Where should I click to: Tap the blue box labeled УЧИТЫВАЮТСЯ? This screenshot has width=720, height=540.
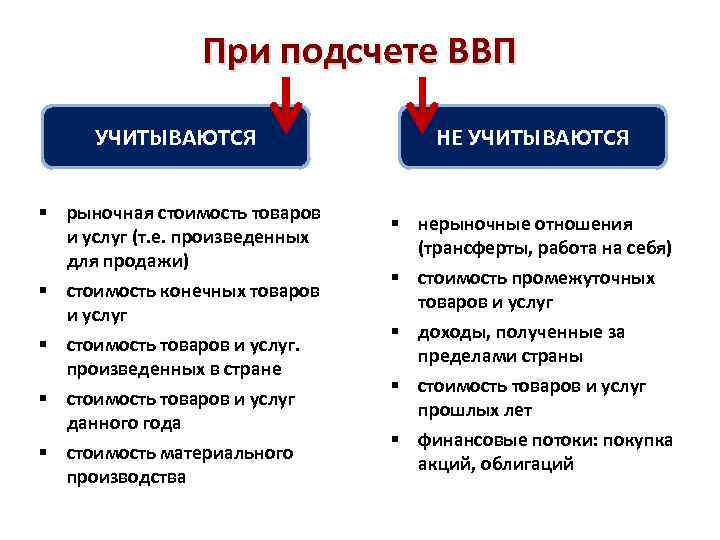click(175, 137)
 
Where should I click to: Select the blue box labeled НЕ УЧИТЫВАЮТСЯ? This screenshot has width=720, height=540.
click(532, 137)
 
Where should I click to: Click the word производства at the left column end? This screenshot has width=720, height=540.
click(126, 477)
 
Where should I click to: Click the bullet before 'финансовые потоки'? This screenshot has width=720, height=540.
click(396, 440)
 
